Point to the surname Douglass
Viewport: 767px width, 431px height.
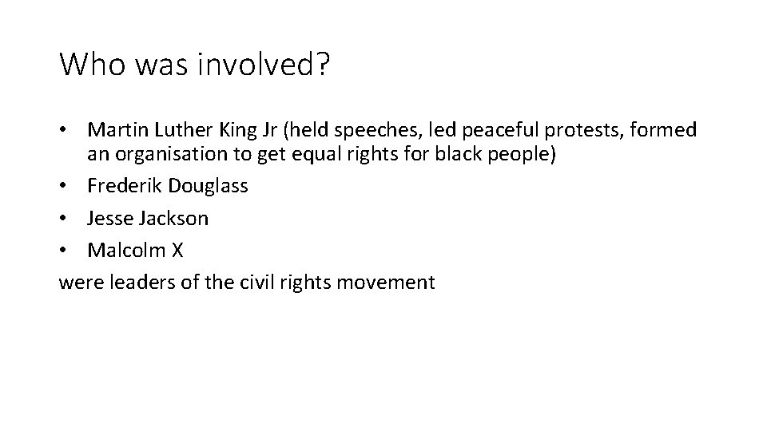[x=209, y=186]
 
